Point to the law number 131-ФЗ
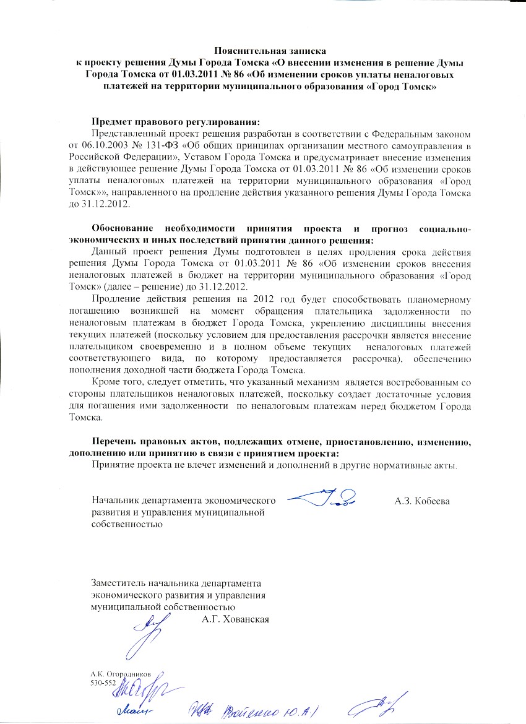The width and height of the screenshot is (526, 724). (177, 145)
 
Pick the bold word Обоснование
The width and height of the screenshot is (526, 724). (124, 230)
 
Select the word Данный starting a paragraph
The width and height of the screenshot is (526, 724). (106, 252)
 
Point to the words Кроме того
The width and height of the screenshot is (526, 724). (117, 382)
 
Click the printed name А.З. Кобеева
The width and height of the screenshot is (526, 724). (421, 500)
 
